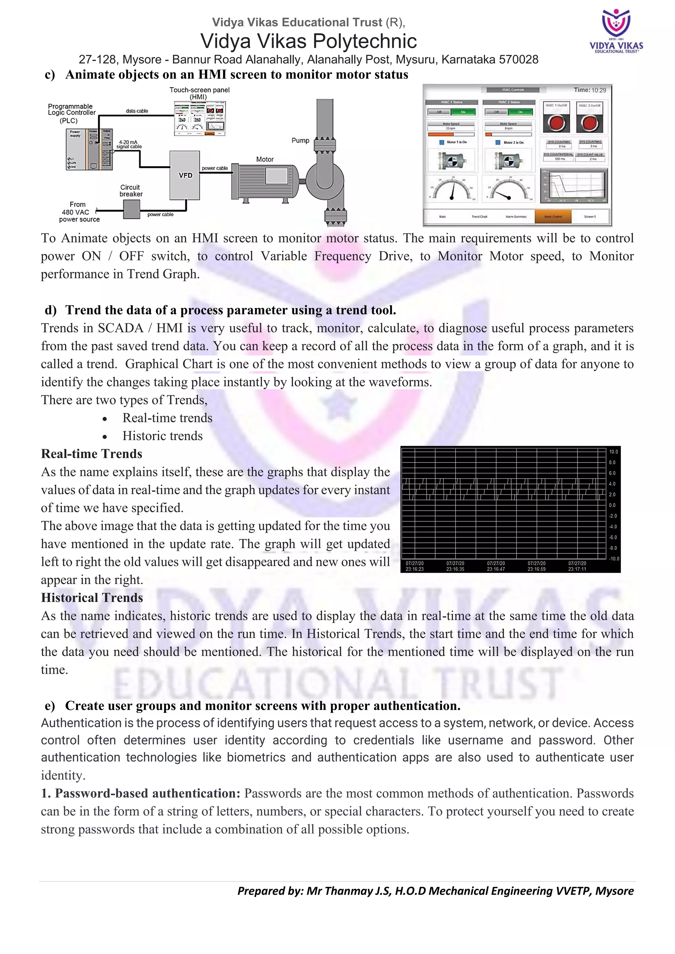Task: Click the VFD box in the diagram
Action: (185, 175)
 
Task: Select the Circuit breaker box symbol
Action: (132, 209)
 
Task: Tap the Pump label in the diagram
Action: (300, 140)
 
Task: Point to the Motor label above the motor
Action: (265, 159)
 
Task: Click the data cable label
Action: (137, 111)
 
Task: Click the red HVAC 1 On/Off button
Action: (556, 123)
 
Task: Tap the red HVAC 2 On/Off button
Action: (589, 123)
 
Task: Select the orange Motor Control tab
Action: (553, 216)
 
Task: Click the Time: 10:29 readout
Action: (590, 90)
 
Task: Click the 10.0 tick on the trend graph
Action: (613, 452)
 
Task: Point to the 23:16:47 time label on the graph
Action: (496, 569)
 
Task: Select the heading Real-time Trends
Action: (91, 454)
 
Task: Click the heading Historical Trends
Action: (92, 598)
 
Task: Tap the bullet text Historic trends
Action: (162, 436)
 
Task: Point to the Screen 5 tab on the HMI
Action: (589, 216)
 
